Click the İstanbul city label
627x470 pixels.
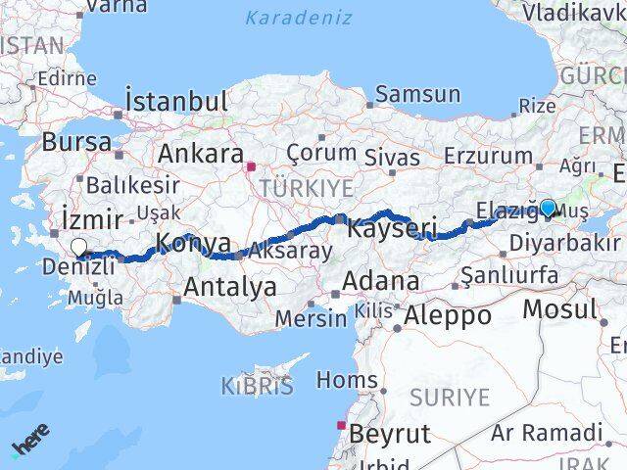[176, 101]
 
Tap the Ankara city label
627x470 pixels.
[201, 154]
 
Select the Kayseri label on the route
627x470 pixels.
[391, 229]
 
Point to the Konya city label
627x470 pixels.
[194, 243]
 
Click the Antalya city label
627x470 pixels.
[229, 287]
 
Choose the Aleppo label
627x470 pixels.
[446, 315]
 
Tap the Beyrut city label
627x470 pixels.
[389, 433]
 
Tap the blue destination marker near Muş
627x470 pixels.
[548, 208]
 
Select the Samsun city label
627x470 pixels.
[417, 95]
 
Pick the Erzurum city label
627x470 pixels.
[487, 155]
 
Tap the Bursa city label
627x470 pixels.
[76, 141]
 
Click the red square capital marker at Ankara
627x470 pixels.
[252, 166]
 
